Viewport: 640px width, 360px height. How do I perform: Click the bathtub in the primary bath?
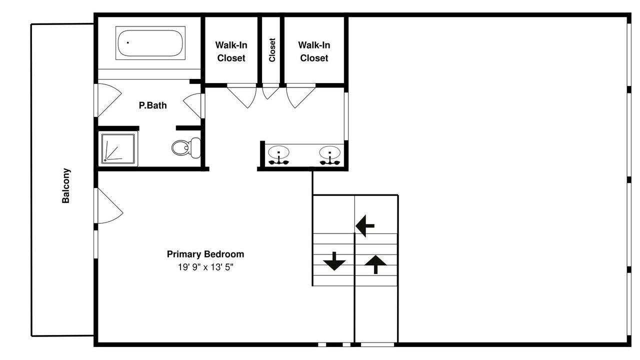coord(150,43)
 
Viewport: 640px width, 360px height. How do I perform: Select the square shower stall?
coord(118,148)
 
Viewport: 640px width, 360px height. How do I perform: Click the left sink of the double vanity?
coord(278,155)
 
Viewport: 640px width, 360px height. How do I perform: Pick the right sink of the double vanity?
coord(329,155)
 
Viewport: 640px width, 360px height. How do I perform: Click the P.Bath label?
coord(152,105)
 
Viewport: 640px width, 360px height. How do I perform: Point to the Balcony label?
coord(66,185)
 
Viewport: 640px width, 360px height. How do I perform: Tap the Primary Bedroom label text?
coord(205,254)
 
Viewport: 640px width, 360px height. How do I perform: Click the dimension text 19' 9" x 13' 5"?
coord(205,267)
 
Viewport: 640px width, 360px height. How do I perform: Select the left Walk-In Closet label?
coord(231,51)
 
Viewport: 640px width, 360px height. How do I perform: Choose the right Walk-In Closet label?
coord(314,51)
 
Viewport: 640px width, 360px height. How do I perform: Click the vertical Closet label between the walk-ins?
coord(272,50)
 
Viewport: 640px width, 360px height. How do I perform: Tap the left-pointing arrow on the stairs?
coord(365,225)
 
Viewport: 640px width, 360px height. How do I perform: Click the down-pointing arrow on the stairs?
coord(334,261)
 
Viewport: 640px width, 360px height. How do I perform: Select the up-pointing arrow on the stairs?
coord(375,264)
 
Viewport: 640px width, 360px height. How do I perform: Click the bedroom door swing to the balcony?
coord(110,205)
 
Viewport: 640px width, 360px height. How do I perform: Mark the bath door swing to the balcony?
coord(109,100)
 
